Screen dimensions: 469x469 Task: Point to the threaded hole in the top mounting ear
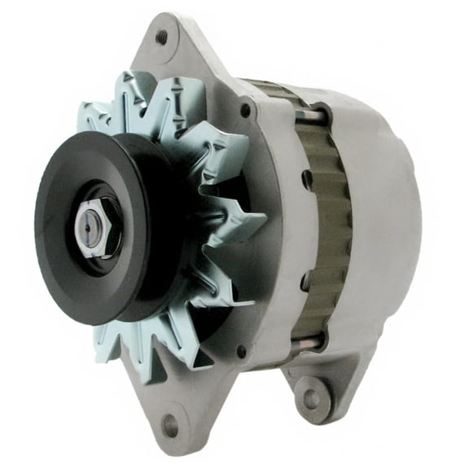pyautogui.click(x=161, y=37)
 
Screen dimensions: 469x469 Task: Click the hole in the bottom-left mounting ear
pyautogui.click(x=170, y=422)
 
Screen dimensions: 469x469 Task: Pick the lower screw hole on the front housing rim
pyautogui.click(x=241, y=352)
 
